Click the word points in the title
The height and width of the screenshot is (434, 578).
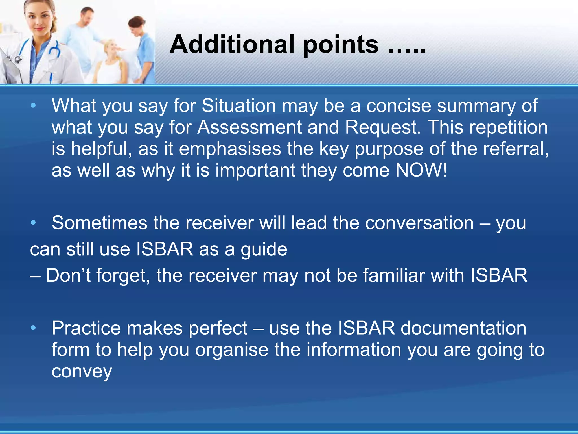click(341, 44)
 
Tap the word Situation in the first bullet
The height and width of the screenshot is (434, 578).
click(239, 106)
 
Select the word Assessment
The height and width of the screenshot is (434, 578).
click(249, 127)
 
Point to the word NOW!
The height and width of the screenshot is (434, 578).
click(421, 170)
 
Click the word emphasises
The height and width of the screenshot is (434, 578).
click(230, 149)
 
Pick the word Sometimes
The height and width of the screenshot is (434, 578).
click(99, 223)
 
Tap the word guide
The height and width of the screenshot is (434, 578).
click(264, 249)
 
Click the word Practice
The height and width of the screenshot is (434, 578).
click(86, 328)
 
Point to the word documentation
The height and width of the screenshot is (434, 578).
click(463, 328)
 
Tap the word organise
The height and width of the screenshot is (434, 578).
click(231, 350)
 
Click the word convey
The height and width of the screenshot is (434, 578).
click(82, 372)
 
